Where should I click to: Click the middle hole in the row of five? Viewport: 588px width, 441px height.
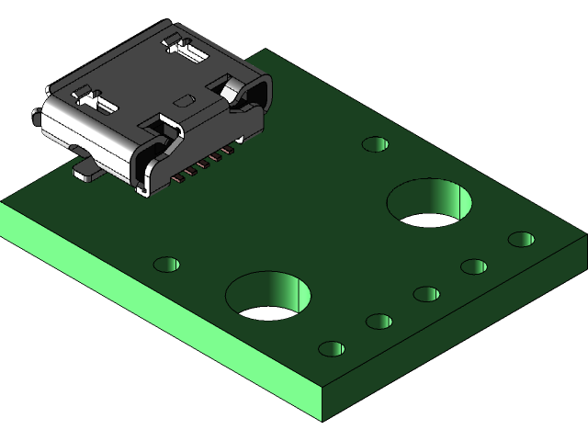426,294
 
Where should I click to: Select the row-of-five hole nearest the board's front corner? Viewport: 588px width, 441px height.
332,349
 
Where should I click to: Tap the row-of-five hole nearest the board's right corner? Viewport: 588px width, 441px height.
521,240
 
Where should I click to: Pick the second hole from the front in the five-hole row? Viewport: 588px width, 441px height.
379,322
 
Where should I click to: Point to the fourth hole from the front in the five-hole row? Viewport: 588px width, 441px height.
474,267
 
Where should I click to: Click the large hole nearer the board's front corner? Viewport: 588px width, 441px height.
268,296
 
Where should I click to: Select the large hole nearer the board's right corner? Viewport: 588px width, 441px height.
429,203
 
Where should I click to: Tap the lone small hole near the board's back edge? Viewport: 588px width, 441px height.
375,144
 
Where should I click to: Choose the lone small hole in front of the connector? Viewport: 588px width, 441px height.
166,265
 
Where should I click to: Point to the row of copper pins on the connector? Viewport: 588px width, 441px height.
200,163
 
